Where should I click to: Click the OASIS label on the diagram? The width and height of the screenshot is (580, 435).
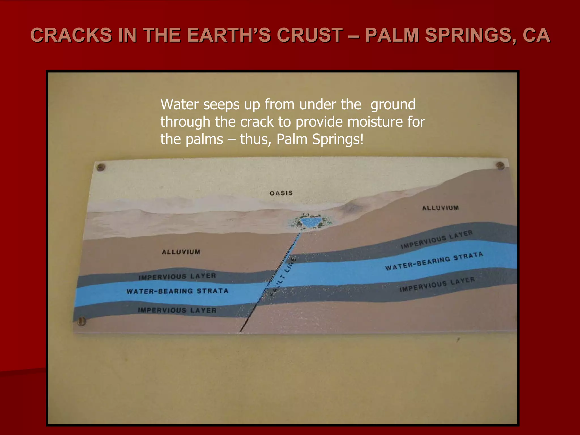(x=281, y=193)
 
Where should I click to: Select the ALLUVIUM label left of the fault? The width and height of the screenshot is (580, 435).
(x=181, y=252)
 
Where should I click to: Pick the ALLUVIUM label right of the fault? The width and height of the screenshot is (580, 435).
(x=440, y=208)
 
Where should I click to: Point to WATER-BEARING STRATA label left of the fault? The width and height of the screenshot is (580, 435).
(x=177, y=291)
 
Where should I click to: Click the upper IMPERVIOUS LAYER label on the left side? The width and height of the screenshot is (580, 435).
(x=177, y=276)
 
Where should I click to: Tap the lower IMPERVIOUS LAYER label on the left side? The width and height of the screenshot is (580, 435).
(x=177, y=310)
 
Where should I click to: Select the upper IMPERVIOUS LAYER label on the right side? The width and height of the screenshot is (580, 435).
(x=436, y=240)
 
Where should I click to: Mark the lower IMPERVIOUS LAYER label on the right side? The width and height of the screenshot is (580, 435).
(x=437, y=284)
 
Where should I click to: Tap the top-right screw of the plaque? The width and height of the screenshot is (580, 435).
(x=500, y=165)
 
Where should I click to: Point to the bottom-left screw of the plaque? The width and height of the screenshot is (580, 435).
(x=82, y=321)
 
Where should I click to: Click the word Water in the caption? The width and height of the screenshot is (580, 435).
(x=180, y=105)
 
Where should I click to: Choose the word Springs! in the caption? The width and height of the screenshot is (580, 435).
(x=338, y=139)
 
